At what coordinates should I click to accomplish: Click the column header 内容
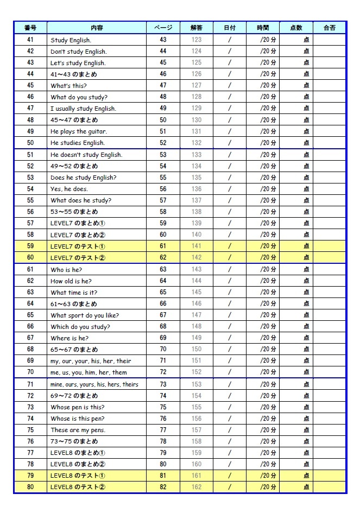[96, 28]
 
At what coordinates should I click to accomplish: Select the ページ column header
[163, 28]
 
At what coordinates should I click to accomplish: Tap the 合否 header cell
[329, 28]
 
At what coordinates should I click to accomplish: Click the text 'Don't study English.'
[78, 52]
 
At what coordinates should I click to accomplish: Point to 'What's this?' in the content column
[68, 86]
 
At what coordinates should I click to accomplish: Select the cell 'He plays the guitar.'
[78, 131]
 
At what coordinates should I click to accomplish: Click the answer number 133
[196, 155]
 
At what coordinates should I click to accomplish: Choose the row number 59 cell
[30, 246]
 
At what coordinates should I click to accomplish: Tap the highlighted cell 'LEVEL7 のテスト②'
[78, 258]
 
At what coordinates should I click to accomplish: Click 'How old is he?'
[71, 281]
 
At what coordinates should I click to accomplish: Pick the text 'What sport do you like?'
[84, 315]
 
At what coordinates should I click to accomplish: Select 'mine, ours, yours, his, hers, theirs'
[94, 384]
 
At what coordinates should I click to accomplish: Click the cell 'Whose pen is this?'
[77, 407]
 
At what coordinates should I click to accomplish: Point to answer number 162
[196, 487]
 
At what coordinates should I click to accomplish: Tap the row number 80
[30, 487]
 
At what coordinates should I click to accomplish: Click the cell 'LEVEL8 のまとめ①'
[78, 453]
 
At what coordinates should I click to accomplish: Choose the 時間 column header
[262, 28]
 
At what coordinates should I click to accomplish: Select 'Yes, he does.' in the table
[69, 189]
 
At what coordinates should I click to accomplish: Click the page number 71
[163, 361]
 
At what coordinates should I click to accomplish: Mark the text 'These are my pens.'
[78, 430]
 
